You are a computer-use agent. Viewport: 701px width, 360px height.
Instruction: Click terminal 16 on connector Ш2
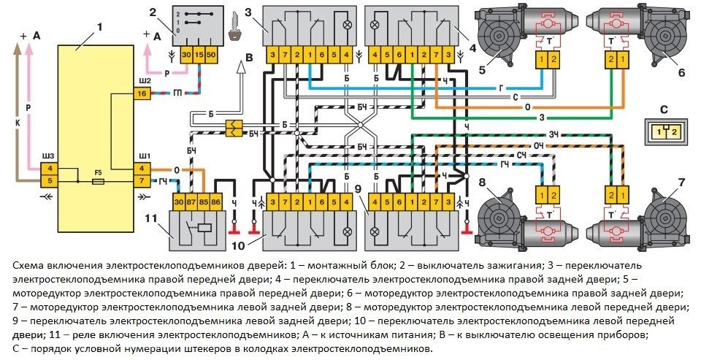142,94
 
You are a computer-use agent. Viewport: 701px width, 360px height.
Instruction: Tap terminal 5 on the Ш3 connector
50,180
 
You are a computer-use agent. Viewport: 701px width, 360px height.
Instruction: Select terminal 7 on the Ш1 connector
142,180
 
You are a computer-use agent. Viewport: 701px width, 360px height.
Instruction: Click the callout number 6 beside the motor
680,72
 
